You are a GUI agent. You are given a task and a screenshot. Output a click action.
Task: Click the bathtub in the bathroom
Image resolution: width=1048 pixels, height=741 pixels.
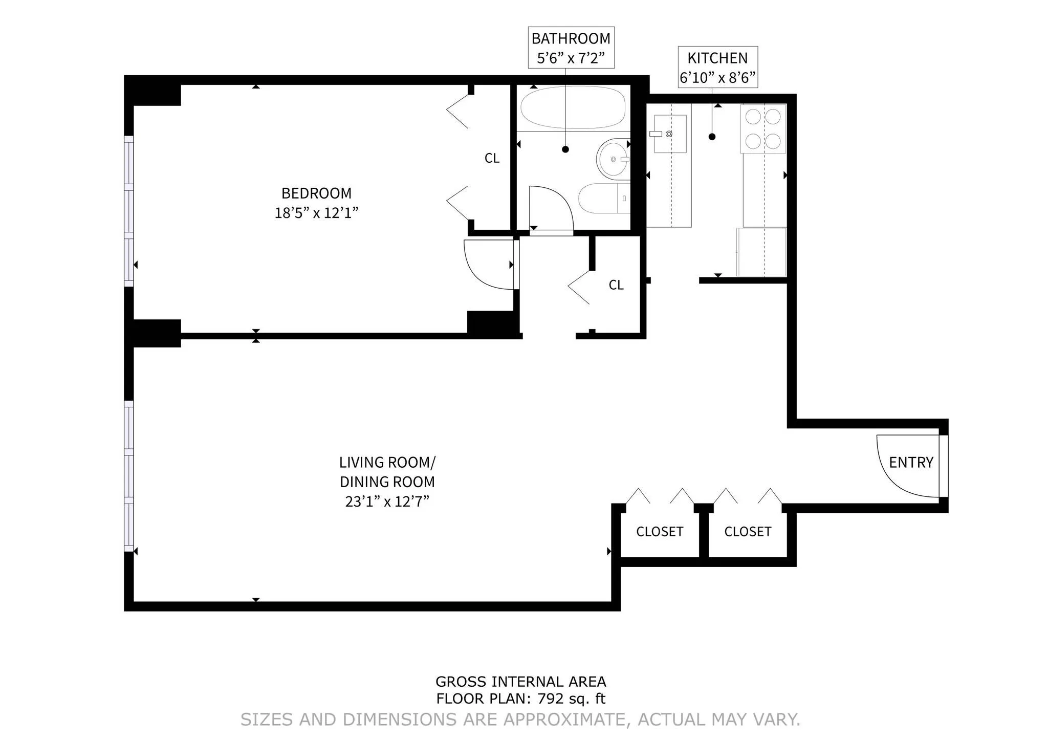573,107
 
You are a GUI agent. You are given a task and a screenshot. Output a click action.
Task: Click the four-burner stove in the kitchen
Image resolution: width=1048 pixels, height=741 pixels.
763,129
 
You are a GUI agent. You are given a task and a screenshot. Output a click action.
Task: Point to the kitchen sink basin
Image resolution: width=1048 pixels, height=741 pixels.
670,134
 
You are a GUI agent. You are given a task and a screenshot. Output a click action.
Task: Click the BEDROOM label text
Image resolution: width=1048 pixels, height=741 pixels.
316,193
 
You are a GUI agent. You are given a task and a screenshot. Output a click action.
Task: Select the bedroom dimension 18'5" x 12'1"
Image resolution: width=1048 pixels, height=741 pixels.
316,213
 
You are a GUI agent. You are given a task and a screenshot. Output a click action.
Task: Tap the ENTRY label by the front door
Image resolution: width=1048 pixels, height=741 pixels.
911,463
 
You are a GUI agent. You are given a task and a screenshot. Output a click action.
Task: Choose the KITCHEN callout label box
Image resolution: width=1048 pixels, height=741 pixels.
717,68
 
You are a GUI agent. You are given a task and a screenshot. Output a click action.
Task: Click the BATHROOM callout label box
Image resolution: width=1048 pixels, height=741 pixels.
571,48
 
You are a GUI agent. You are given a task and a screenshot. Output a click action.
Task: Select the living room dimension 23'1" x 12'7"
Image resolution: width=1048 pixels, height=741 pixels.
387,502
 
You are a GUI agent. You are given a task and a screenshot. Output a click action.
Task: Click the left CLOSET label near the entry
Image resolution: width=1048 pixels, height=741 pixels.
660,532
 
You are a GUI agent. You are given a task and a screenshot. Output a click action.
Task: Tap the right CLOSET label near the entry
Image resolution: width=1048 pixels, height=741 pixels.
748,532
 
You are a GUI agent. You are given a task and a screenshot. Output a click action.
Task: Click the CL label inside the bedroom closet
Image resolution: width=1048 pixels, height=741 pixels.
492,159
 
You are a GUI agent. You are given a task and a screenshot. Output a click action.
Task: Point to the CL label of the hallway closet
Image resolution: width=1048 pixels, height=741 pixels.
616,285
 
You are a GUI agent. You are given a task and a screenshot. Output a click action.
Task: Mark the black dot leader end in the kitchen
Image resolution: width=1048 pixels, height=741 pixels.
712,137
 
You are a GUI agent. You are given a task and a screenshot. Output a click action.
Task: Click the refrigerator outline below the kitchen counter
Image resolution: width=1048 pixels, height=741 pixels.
761,252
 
